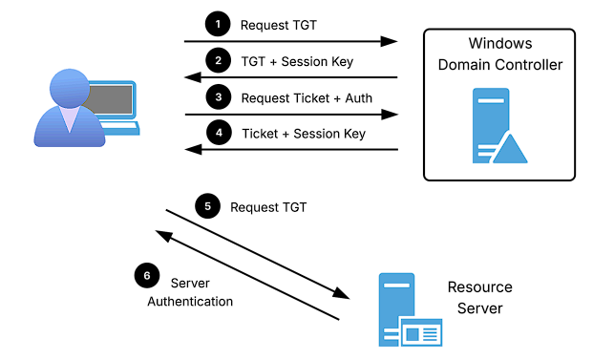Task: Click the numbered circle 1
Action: (x=218, y=24)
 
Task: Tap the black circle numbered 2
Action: (x=218, y=60)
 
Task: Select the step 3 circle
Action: (x=219, y=96)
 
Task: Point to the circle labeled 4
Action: (x=219, y=133)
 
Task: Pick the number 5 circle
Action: (x=207, y=206)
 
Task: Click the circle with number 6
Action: (x=147, y=275)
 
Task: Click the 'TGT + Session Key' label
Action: (x=297, y=62)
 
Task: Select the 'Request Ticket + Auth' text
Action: (x=307, y=98)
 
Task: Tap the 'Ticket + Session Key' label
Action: (x=304, y=134)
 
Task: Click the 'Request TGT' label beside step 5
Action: (x=268, y=207)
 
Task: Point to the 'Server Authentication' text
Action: (x=190, y=292)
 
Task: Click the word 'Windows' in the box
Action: (x=500, y=43)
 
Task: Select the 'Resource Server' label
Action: (x=480, y=298)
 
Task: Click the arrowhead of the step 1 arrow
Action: (x=390, y=41)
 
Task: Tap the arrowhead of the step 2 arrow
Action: (x=193, y=77)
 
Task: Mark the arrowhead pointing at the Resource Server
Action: (x=342, y=293)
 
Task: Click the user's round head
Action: (x=70, y=89)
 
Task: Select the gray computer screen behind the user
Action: (x=111, y=100)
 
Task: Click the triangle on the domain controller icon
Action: (x=510, y=149)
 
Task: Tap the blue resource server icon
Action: (x=410, y=309)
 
